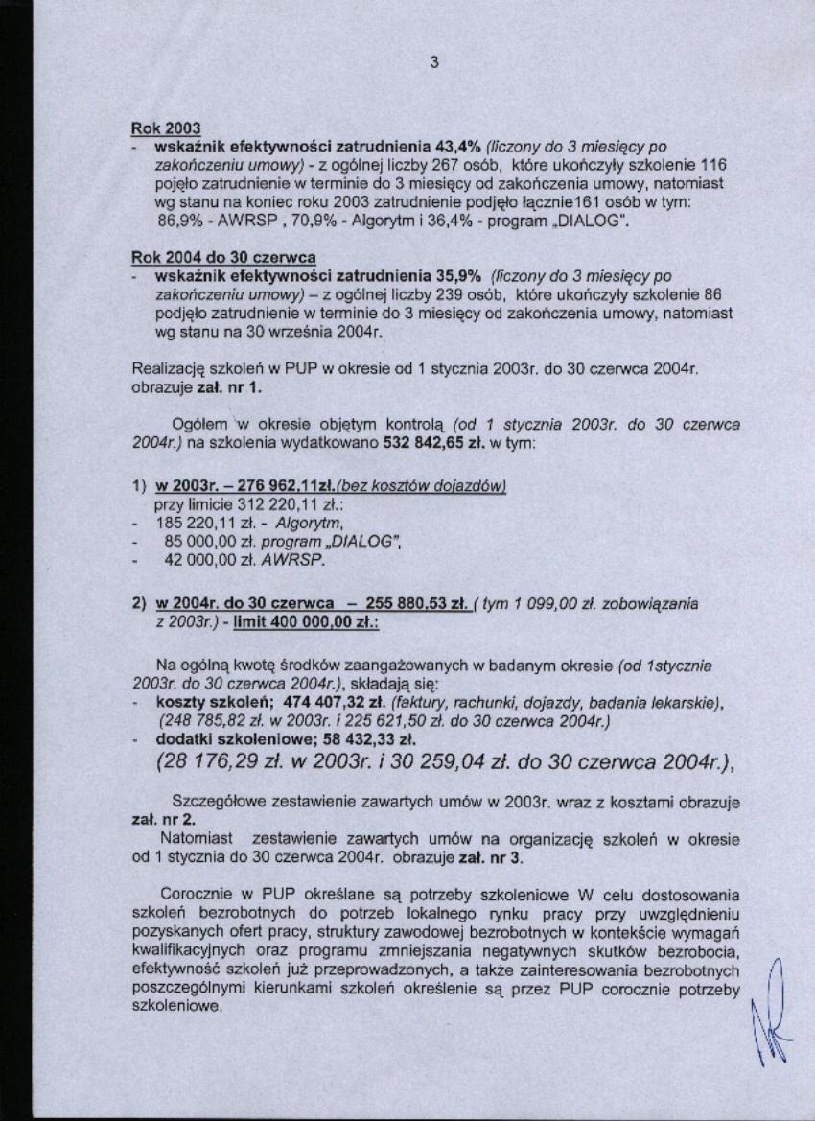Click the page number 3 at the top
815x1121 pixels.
[433, 63]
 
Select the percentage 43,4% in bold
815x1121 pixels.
[458, 148]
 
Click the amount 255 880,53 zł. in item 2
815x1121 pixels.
[409, 603]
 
